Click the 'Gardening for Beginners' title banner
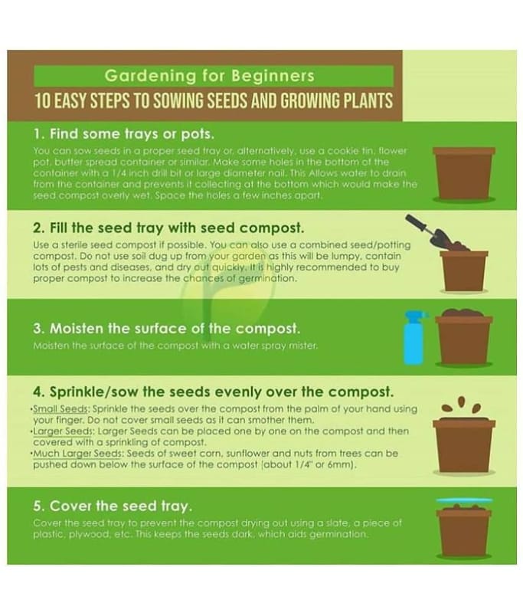214,75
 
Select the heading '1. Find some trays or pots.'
124,134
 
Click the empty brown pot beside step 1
464,174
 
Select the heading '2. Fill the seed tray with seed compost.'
168,228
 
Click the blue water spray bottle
414,338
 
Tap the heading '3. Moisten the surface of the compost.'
166,329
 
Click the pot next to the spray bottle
464,337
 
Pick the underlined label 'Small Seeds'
60,409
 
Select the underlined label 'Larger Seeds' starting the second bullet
64,431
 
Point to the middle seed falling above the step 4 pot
462,402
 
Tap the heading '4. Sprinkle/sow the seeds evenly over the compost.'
214,392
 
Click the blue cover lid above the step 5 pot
464,501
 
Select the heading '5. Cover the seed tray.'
113,506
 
